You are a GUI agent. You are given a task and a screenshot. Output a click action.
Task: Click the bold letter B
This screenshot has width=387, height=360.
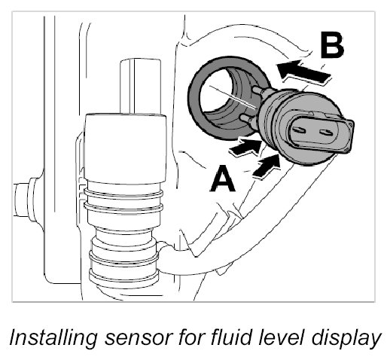coord(332,46)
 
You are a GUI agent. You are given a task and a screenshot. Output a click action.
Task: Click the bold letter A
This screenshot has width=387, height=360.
coord(222,178)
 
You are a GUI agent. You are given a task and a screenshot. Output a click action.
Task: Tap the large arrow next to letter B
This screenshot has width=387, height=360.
coord(304,71)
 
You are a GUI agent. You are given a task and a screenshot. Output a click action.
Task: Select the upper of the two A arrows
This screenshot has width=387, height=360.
coord(246,147)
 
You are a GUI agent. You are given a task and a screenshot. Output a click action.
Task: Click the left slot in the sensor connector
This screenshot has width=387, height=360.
coord(298,130)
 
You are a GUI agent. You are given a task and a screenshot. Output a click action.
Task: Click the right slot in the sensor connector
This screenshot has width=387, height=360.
coord(326,132)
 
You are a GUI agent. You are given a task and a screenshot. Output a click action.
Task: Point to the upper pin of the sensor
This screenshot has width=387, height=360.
coord(258,91)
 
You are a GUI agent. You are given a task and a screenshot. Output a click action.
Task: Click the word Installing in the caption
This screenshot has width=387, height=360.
coord(53,338)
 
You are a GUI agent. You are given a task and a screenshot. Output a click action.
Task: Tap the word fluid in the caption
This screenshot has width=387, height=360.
coord(225,337)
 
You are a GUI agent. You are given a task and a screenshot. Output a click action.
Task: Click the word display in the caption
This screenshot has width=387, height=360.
coord(346,338)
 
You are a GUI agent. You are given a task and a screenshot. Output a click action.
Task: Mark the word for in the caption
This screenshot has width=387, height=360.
coord(189,337)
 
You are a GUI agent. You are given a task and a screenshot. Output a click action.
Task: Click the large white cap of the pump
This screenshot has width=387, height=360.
coord(126,148)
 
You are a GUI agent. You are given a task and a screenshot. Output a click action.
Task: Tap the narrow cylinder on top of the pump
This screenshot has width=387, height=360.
coord(140,87)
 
